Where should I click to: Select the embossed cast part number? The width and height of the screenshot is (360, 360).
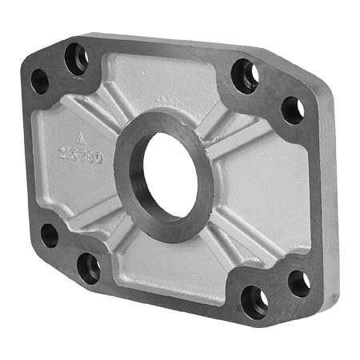click(x=79, y=154)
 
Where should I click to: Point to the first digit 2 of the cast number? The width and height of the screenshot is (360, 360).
click(x=62, y=150)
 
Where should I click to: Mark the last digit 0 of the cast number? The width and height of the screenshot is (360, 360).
click(x=98, y=158)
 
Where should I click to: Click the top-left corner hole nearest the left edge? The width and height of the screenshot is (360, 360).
click(x=39, y=80)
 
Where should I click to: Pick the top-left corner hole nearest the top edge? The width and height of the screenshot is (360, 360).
click(x=77, y=58)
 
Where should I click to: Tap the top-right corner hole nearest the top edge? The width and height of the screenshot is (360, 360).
click(x=245, y=75)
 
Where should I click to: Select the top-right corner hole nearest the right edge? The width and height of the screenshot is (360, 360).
click(x=292, y=109)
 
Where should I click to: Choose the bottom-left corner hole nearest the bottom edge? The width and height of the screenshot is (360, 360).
click(x=89, y=266)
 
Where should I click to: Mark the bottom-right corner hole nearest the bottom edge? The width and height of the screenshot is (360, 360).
click(x=254, y=301)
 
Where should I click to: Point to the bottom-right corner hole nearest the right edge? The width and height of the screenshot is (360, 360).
click(x=298, y=282)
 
